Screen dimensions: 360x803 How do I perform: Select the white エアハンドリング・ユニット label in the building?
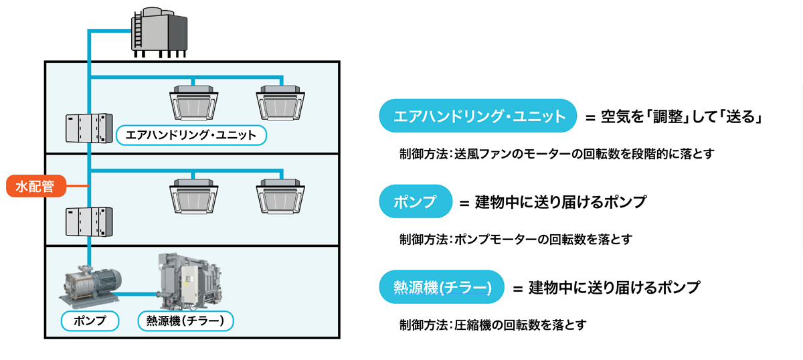click(191, 135)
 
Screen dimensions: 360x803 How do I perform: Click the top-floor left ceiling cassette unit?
click(194, 101)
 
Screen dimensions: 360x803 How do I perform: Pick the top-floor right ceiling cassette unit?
click(280, 101)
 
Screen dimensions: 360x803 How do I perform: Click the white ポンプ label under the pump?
click(89, 321)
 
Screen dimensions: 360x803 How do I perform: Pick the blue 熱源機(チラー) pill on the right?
click(441, 287)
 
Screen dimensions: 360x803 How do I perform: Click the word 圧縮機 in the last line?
click(480, 325)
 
